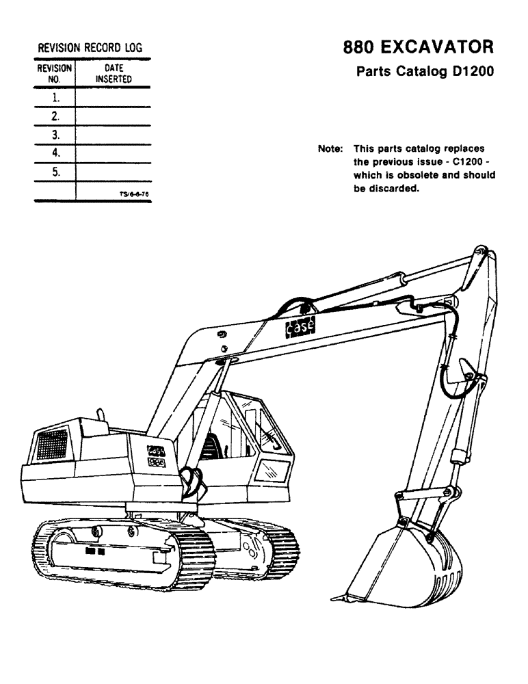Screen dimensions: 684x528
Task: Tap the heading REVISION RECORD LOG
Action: pyautogui.click(x=92, y=48)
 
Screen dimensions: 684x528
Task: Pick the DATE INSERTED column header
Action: pyautogui.click(x=113, y=73)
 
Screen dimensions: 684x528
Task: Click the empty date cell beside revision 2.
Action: pyautogui.click(x=113, y=116)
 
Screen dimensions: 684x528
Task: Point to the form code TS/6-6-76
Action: pyautogui.click(x=134, y=194)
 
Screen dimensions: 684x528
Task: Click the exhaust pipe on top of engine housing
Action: pyautogui.click(x=101, y=417)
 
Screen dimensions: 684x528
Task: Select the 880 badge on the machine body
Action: pyautogui.click(x=155, y=462)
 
